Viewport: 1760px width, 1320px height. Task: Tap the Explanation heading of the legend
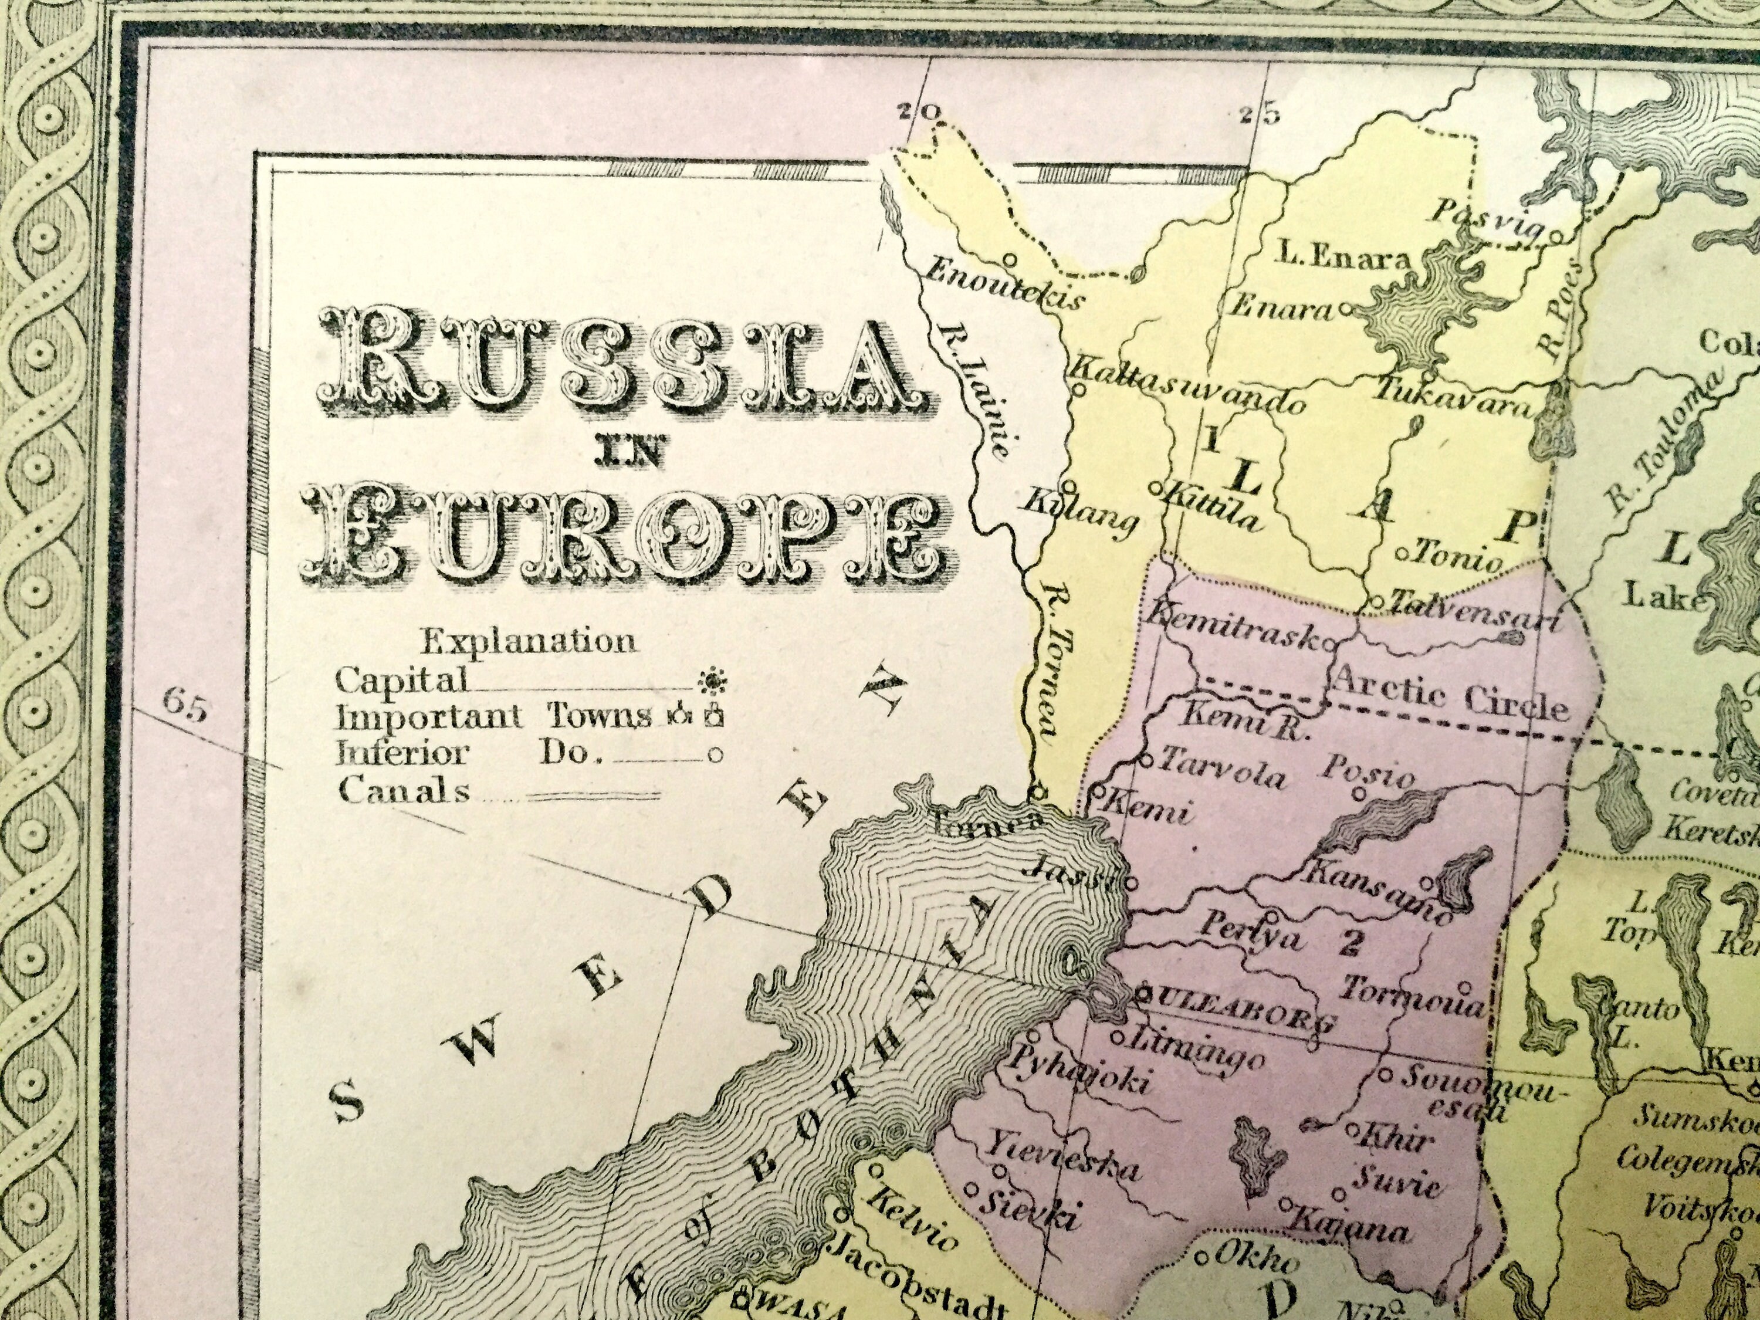click(x=529, y=641)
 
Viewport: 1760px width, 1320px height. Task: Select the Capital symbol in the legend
click(x=709, y=681)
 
